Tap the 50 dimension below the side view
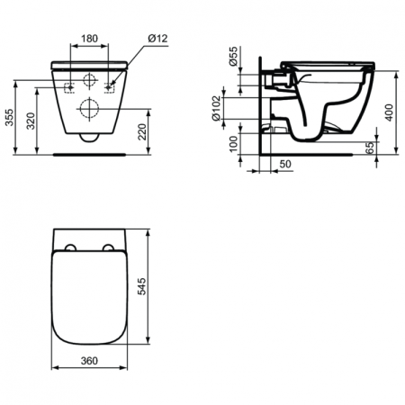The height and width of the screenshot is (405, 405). pyautogui.click(x=284, y=163)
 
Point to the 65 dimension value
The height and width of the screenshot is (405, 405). pyautogui.click(x=370, y=147)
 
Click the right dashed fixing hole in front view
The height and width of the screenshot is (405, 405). pyautogui.click(x=111, y=86)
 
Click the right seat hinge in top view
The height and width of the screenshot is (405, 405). pyautogui.click(x=110, y=249)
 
